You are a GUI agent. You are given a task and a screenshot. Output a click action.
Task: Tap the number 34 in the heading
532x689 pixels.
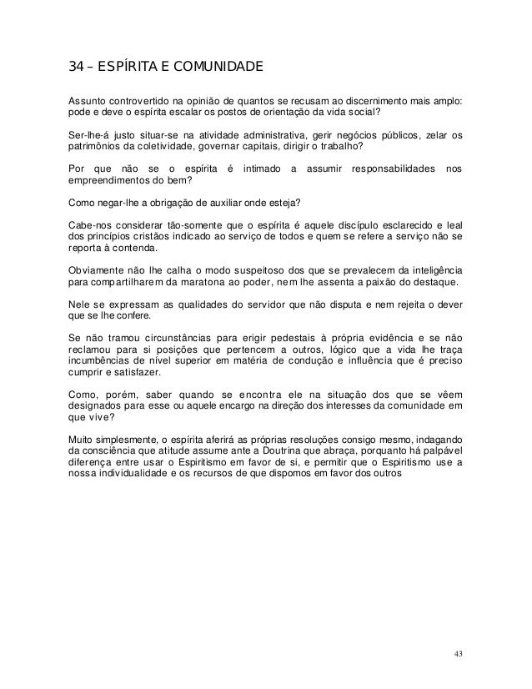click(x=76, y=66)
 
